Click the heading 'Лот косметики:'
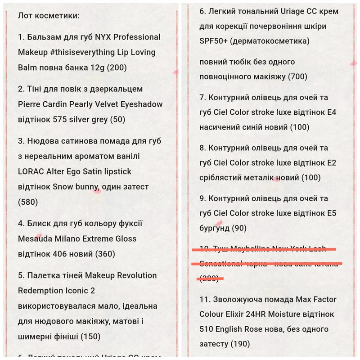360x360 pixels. (49, 15)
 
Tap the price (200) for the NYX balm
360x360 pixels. (117, 67)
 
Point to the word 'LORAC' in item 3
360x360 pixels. (31, 171)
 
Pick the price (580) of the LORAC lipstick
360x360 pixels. (28, 202)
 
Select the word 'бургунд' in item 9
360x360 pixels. (216, 228)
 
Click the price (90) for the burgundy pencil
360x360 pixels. (240, 228)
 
